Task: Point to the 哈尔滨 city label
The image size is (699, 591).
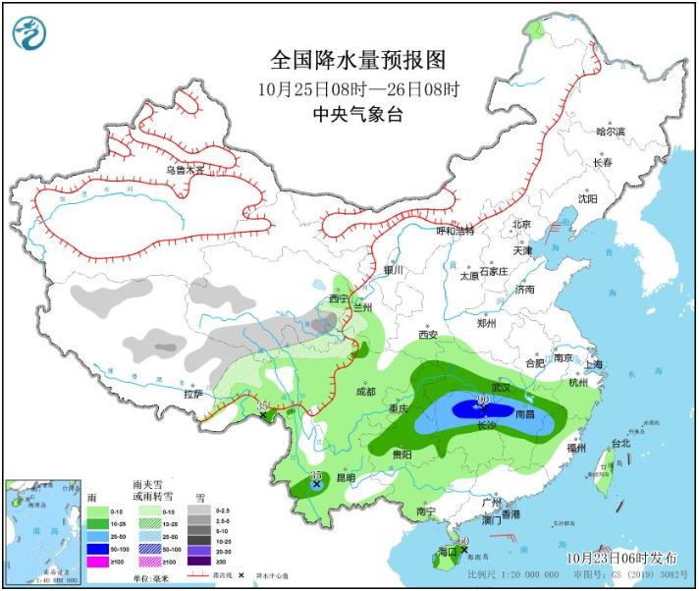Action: click(611, 132)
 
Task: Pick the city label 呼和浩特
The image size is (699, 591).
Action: click(455, 231)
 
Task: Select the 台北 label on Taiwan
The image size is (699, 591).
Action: click(618, 443)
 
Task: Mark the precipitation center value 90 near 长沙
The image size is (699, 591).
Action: click(482, 400)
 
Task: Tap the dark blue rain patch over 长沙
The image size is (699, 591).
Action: click(471, 411)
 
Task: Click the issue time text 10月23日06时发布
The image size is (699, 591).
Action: click(621, 558)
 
